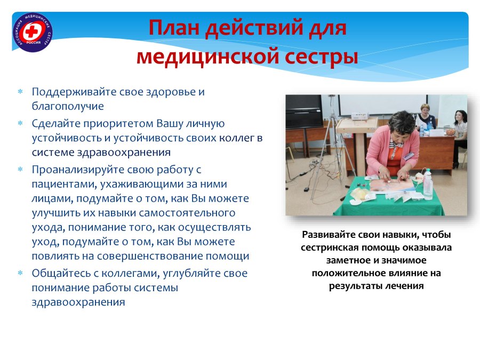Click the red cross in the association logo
coord(31,31)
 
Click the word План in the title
coord(174,28)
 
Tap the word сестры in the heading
coord(322,57)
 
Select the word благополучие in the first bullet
coord(68,106)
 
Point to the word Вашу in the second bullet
coord(170,123)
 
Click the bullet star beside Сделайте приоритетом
coord(20,123)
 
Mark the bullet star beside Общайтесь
coord(20,273)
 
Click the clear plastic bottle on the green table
coord(428,185)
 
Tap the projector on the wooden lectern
coord(359,116)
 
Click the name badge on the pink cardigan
coord(408,156)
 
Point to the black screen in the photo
coord(305,111)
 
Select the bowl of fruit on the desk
coord(450,132)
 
